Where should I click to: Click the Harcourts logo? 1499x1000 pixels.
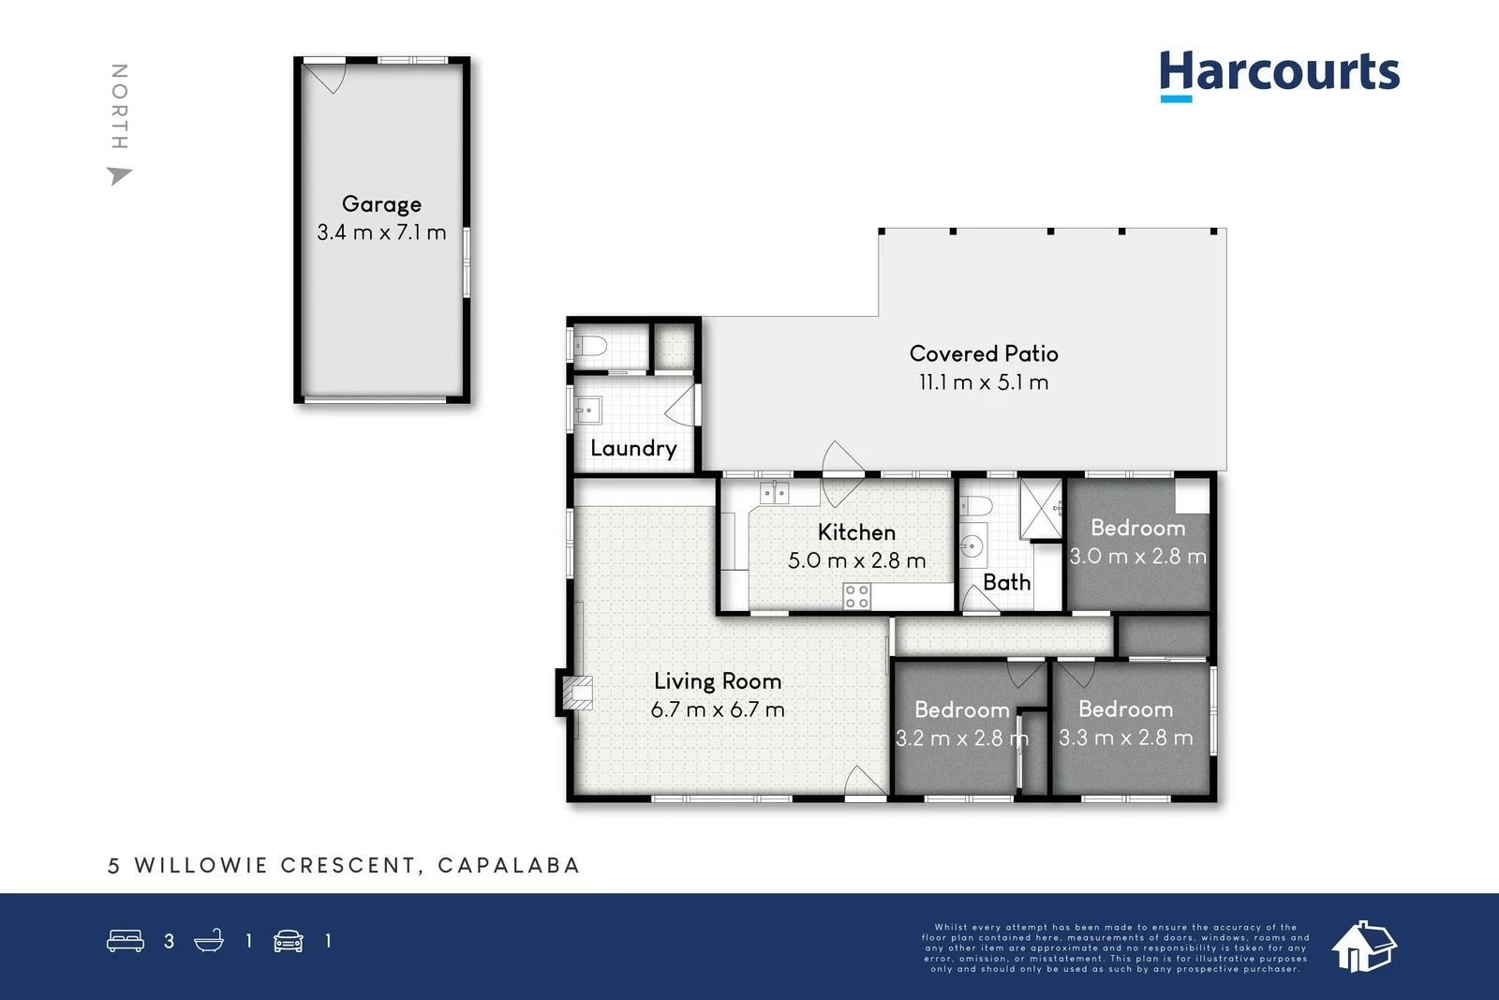tap(1279, 73)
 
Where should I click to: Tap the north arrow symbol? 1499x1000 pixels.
tap(119, 175)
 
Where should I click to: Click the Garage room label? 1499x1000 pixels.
tap(381, 204)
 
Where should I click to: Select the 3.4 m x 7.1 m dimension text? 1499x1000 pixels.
tap(381, 232)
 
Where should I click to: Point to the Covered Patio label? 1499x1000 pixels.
tap(984, 353)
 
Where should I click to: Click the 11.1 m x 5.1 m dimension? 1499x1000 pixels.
tap(984, 382)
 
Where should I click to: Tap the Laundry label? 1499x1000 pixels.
tap(633, 448)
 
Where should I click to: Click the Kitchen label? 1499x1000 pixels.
tap(856, 532)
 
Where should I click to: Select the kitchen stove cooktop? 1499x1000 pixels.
tap(857, 596)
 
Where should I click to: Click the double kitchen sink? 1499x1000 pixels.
tap(774, 492)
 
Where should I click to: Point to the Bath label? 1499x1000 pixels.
tap(1007, 582)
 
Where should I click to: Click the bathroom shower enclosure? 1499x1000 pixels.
tap(1041, 509)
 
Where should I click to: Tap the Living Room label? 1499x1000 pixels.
tap(718, 681)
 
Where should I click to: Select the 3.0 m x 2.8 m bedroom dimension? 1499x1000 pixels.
tap(1138, 557)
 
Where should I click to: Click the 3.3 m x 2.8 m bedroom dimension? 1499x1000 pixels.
tap(1126, 739)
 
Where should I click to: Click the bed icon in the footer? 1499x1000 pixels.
tap(126, 940)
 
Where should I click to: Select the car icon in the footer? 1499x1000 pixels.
tap(289, 941)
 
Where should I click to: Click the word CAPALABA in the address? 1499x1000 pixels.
tap(509, 865)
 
